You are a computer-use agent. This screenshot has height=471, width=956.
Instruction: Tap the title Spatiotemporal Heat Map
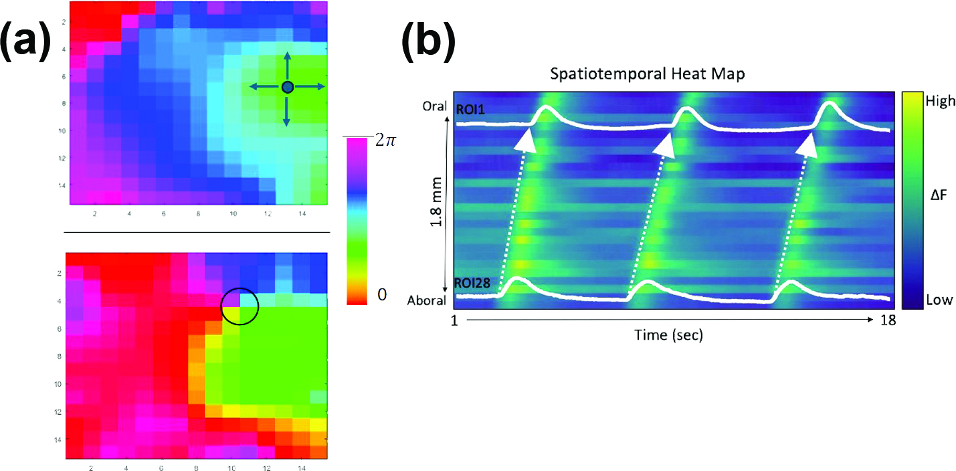pyautogui.click(x=647, y=74)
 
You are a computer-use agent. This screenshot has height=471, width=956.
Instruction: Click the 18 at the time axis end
pyautogui.click(x=881, y=320)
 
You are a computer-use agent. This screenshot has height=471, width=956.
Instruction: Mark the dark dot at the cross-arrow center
pyautogui.click(x=288, y=86)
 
